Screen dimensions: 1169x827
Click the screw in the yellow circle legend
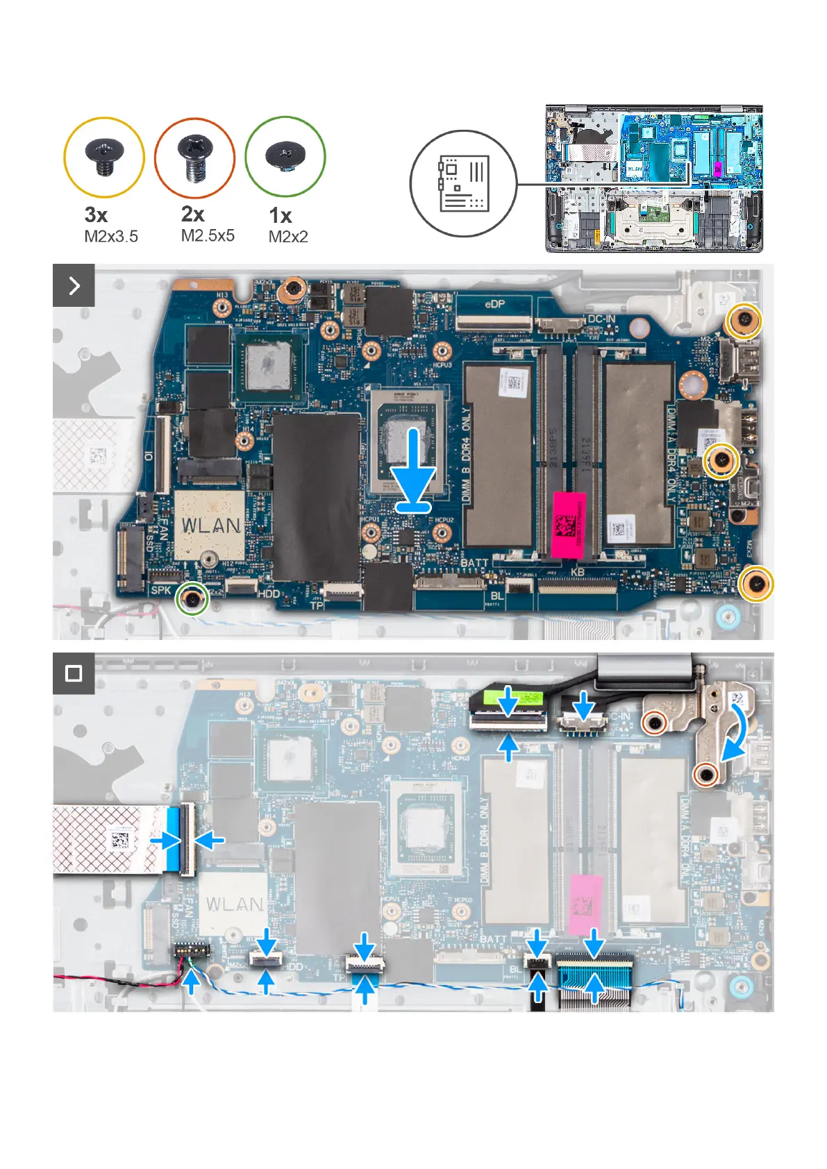tap(104, 157)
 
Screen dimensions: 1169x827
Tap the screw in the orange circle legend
tap(194, 157)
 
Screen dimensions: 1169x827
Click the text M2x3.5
tap(111, 237)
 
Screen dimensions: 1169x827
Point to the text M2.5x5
tap(208, 236)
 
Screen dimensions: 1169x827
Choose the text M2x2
tap(288, 237)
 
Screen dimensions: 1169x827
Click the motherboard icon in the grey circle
tap(463, 184)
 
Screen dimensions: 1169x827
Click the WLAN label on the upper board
tap(212, 525)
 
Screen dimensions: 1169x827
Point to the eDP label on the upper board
tap(494, 304)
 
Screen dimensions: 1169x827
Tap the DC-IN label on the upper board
tap(601, 319)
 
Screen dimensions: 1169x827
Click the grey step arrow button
tap(74, 285)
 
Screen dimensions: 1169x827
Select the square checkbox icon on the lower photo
tap(74, 673)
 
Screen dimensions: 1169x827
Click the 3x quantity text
tap(96, 215)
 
